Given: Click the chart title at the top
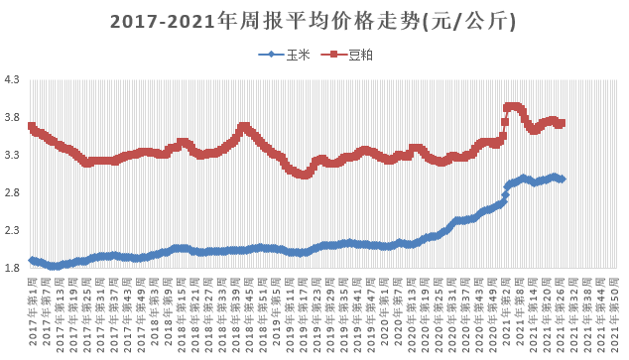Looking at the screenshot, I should pos(314,21).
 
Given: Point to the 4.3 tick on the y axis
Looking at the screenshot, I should pos(14,80).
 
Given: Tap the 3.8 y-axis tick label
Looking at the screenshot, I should pos(14,118).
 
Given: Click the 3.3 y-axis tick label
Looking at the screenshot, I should pos(14,156).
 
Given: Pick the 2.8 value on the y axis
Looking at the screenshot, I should pos(14,193).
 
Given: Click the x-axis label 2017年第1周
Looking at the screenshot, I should pos(33,312).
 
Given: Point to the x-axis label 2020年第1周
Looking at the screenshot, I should pos(407,312).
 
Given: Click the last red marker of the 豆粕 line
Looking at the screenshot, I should pos(562,124).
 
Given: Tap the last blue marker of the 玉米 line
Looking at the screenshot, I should pos(563,179).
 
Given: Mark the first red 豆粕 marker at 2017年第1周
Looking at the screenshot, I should pos(33,126).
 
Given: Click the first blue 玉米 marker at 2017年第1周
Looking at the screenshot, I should pos(33,260).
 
